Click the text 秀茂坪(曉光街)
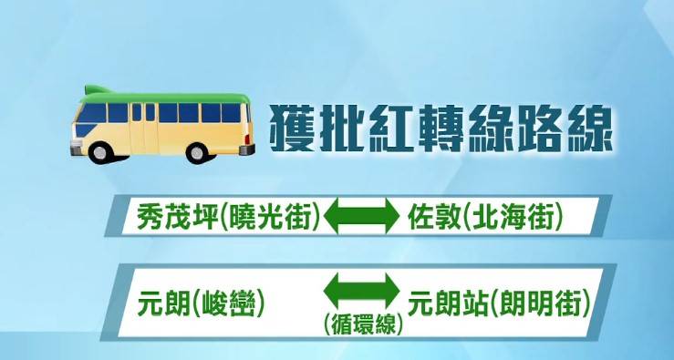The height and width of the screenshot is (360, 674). (x=229, y=216)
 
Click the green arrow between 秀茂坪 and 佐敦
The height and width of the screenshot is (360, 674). (x=363, y=216)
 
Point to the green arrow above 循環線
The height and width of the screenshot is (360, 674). (x=363, y=293)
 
